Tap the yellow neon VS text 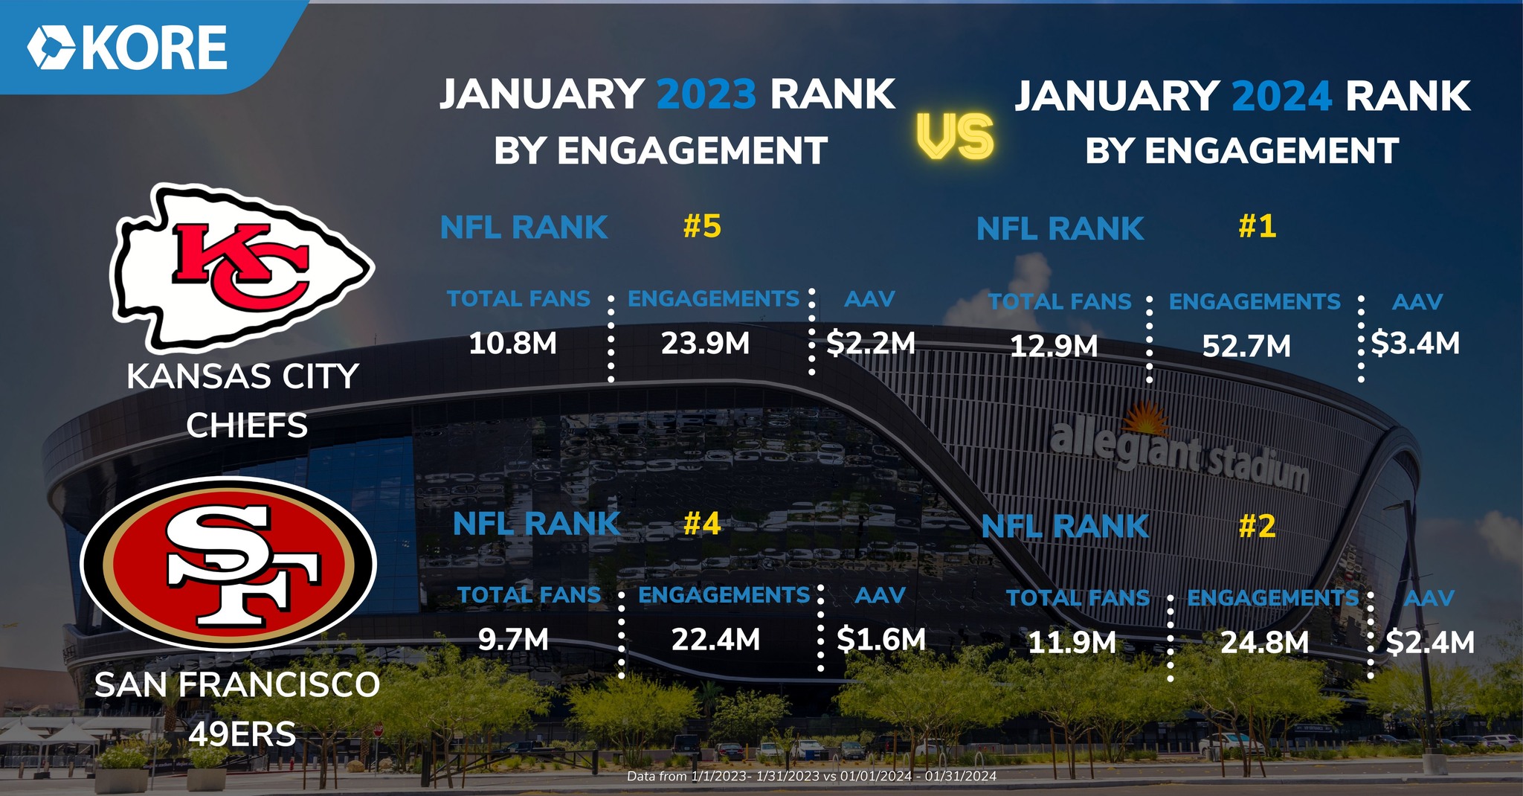955,138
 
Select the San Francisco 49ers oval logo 229,564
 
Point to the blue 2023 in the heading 706,94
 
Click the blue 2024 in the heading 1281,97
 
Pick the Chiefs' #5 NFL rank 702,226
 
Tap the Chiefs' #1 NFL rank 1257,226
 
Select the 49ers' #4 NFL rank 702,524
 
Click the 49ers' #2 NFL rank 1257,526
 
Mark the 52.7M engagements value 1246,346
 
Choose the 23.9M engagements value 705,344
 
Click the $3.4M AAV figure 1415,343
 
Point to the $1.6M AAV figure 881,639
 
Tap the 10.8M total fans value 513,344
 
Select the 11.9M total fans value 1072,642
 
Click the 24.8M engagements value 1264,642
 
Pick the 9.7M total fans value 513,639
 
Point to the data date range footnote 811,776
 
